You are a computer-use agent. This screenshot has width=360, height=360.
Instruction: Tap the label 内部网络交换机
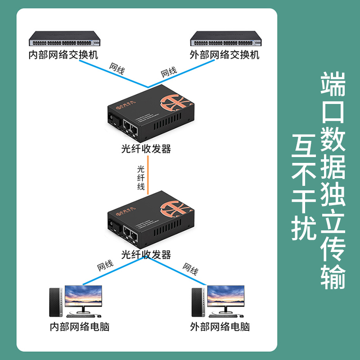pos(63,55)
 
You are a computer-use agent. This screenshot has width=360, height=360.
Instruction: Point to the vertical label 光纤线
pos(141,178)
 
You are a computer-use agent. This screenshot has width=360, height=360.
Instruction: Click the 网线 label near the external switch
pos(169,72)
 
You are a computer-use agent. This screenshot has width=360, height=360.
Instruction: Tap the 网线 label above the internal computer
pos(105,265)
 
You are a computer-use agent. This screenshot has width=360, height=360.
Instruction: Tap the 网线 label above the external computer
pos(190,269)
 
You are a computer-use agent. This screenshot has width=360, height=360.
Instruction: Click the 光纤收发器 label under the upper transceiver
pos(146,149)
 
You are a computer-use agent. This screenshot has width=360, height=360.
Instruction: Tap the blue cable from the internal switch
pos(112,73)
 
